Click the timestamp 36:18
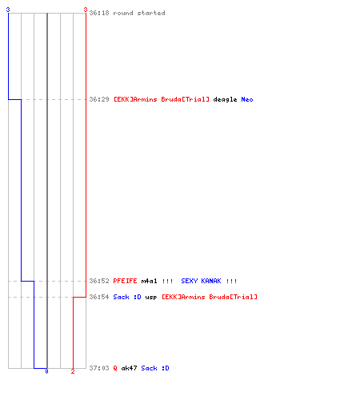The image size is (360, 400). point(99,13)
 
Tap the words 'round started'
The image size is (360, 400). point(139,13)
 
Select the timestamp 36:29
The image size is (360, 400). point(99,99)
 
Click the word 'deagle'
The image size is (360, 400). point(225,99)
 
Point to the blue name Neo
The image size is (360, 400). point(247,99)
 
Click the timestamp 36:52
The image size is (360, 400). point(99,281)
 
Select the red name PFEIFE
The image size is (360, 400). point(125,281)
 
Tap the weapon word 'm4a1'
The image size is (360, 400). point(149,281)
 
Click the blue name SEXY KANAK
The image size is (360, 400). point(201,281)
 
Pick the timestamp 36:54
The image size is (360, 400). point(99,297)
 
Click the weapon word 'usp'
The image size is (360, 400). point(151,298)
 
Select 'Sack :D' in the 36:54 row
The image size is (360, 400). point(127,297)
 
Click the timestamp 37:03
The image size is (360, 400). point(99,368)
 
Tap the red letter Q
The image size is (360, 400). point(115,368)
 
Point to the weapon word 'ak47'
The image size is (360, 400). point(129,368)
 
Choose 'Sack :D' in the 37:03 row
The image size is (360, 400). point(155,368)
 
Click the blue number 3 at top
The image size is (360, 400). point(8,10)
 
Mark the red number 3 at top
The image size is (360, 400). point(86,10)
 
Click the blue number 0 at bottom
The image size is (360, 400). point(46,371)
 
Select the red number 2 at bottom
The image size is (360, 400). point(73,371)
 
